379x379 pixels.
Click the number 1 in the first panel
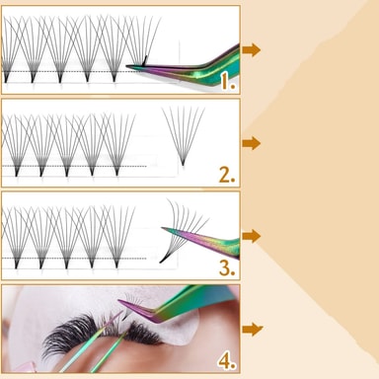point(228,81)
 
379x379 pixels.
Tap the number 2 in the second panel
point(227,175)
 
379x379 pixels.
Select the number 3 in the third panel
point(227,267)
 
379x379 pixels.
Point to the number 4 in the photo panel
point(227,361)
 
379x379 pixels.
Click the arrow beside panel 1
point(252,50)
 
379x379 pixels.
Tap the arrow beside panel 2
point(252,143)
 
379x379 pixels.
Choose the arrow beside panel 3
point(252,236)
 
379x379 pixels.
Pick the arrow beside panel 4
point(253,329)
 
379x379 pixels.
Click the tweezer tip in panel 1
point(127,66)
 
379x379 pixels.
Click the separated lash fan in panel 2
point(183,135)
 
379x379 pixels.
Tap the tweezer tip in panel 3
point(162,228)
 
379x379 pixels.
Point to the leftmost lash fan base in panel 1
point(6,78)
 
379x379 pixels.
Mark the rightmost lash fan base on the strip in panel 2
point(117,172)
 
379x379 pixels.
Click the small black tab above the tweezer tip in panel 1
point(145,60)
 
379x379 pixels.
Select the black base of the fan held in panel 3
point(163,260)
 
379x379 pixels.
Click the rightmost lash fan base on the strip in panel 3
point(117,264)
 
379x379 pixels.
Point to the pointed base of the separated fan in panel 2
point(183,163)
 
